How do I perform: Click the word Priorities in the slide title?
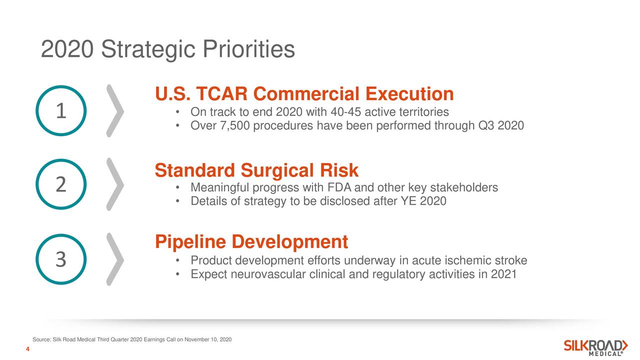click(x=248, y=49)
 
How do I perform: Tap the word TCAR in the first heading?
click(x=221, y=93)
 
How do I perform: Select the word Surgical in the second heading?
click(x=280, y=170)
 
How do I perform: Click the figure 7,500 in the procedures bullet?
click(x=235, y=125)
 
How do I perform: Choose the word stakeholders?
click(x=464, y=187)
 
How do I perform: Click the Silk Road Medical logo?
click(x=595, y=347)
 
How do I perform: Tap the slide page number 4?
click(x=27, y=349)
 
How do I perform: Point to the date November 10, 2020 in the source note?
click(x=207, y=339)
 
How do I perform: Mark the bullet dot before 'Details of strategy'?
click(x=177, y=201)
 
